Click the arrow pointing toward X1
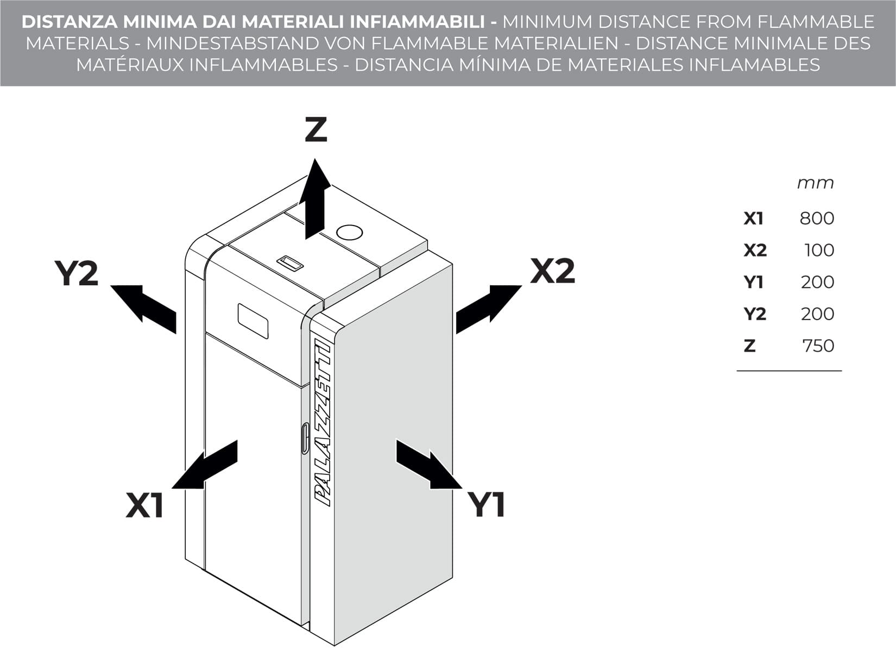206,466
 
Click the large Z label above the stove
316,130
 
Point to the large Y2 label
76,273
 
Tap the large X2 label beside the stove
552,271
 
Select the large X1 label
144,505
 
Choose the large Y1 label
487,505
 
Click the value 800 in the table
816,218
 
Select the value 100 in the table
819,251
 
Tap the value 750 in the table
818,346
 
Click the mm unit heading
815,183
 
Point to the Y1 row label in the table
753,282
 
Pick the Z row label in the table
749,346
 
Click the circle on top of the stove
349,233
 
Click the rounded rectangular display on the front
253,321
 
